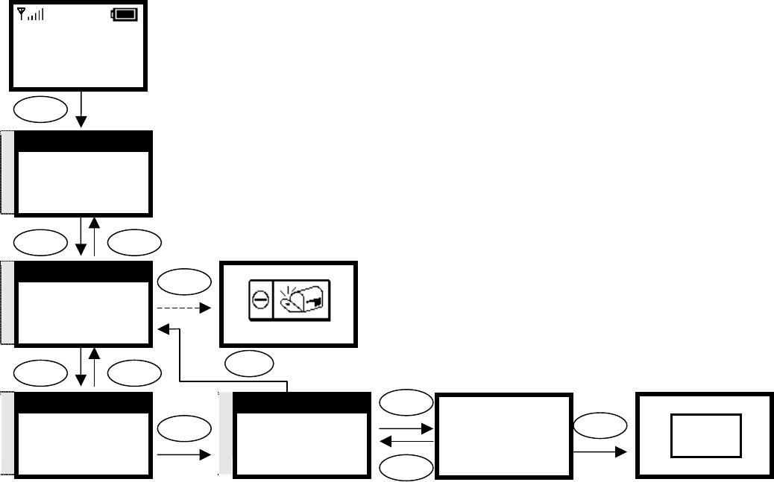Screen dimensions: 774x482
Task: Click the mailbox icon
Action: [303, 303]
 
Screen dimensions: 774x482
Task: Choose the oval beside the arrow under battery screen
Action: [41, 110]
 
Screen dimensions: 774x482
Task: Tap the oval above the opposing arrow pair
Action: [406, 403]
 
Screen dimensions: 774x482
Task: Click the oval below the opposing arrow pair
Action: [406, 466]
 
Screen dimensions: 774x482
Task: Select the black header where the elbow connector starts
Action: [301, 402]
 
